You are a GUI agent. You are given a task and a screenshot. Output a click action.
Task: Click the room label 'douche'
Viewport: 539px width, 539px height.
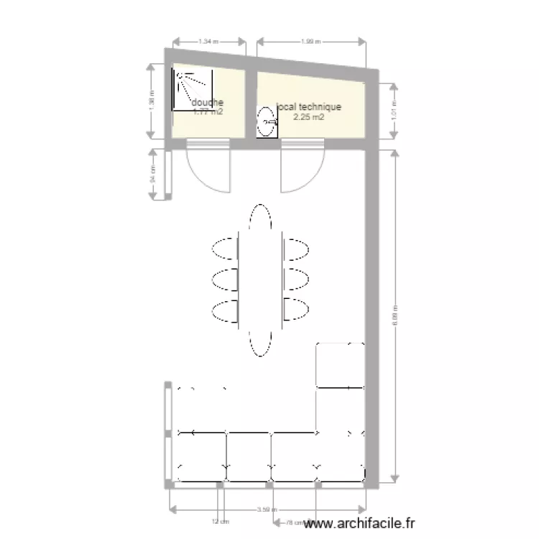click(208, 103)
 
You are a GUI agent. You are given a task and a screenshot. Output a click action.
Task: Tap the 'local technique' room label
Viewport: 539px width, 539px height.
click(309, 107)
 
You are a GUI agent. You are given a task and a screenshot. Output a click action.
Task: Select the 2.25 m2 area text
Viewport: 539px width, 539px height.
click(308, 117)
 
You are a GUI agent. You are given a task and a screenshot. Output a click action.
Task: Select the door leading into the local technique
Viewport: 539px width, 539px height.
click(303, 168)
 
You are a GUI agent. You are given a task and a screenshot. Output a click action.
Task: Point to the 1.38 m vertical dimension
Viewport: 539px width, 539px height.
click(152, 102)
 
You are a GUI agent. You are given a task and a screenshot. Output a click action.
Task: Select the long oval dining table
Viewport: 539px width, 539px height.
click(260, 280)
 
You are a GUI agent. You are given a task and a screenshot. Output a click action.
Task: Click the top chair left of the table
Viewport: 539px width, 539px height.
click(225, 249)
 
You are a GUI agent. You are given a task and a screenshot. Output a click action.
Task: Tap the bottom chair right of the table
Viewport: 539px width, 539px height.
click(296, 309)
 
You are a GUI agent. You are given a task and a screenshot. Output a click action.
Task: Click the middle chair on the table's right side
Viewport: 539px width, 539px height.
click(296, 278)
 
